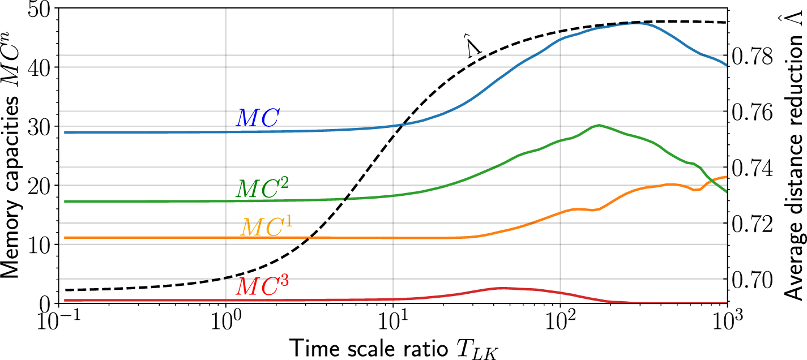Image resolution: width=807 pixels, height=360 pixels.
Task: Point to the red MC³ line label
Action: (262, 286)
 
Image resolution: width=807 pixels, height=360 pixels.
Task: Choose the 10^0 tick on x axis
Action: (226, 320)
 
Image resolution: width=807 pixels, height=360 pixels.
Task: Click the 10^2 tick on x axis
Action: (560, 320)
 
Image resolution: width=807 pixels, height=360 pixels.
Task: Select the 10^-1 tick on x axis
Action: (59, 320)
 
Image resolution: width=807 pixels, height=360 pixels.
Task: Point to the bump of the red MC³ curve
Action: (501, 288)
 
